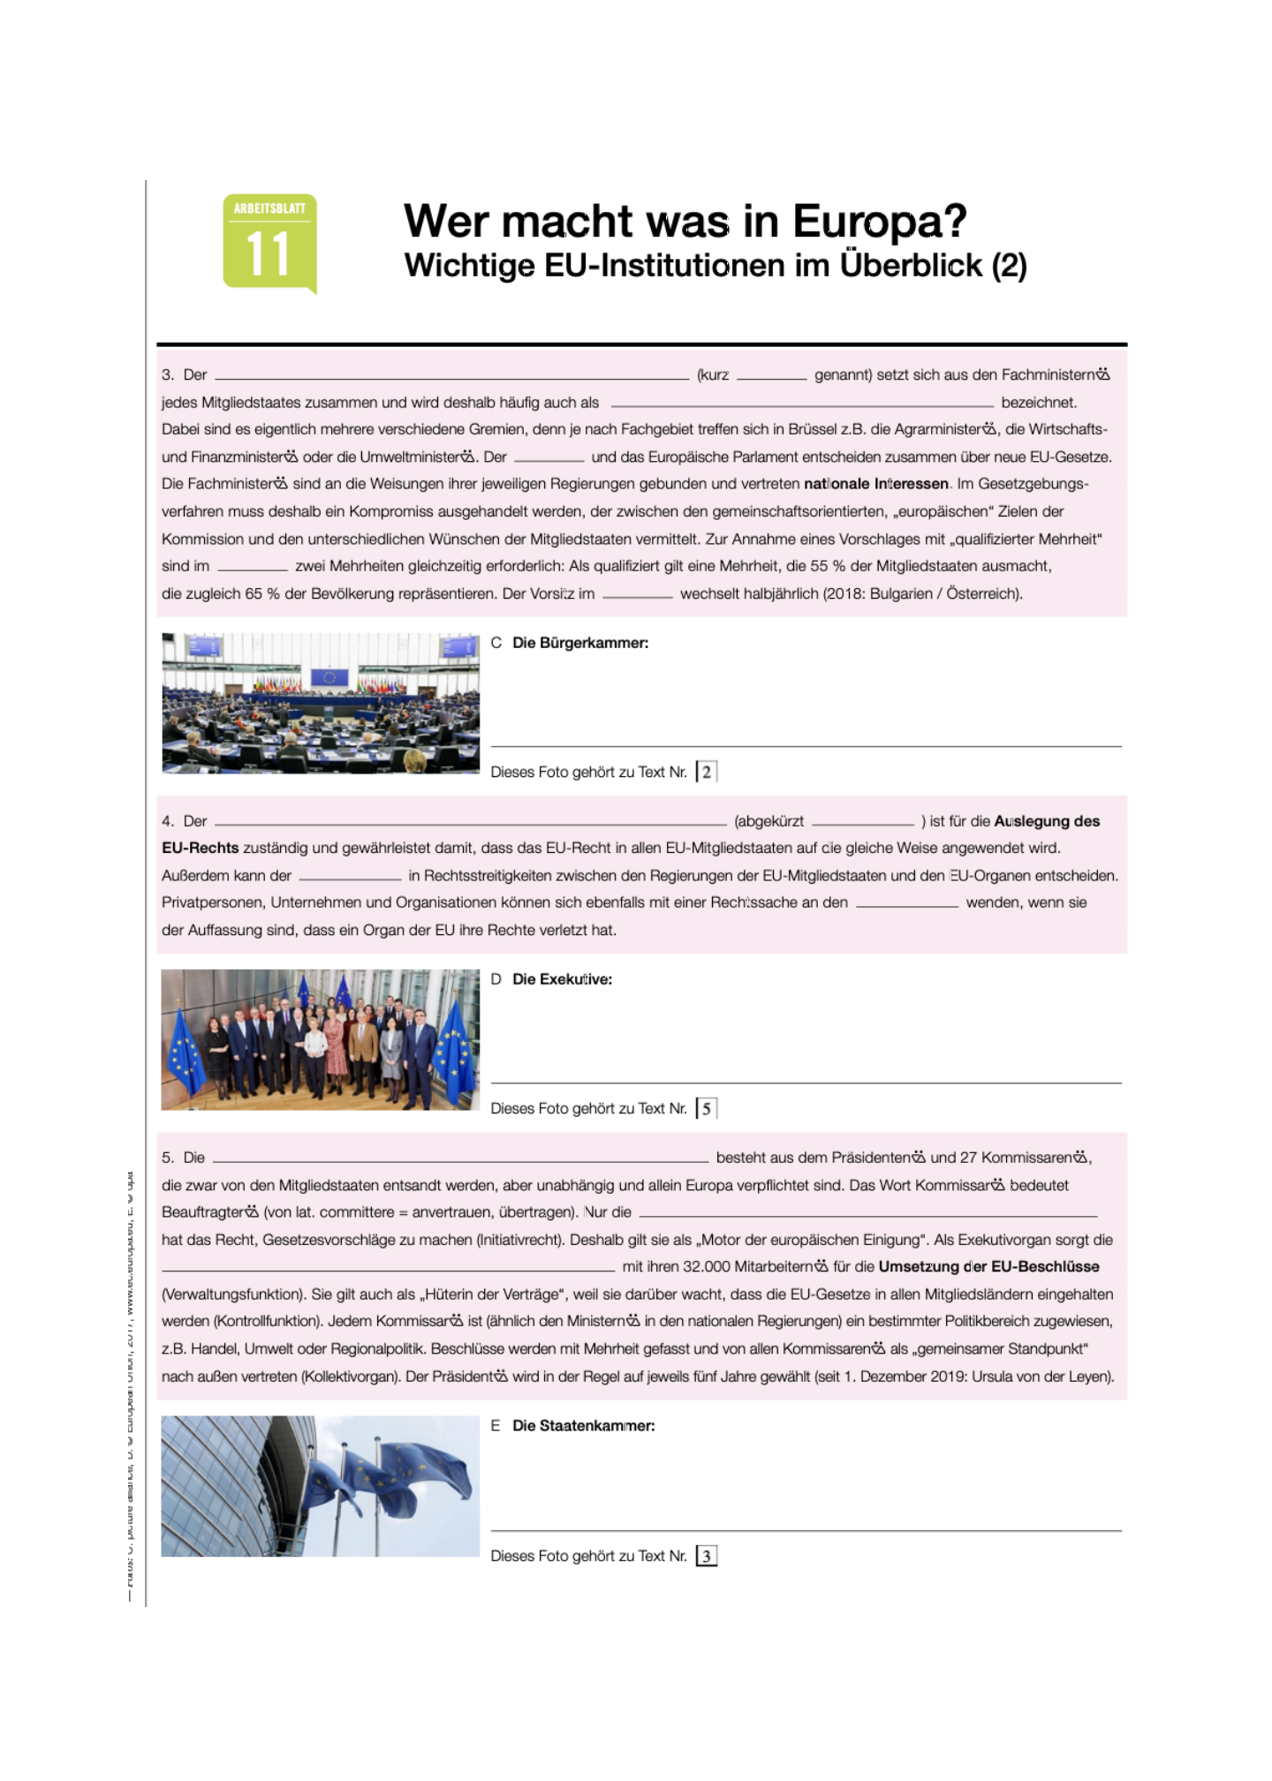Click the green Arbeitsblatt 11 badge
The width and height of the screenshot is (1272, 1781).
(269, 242)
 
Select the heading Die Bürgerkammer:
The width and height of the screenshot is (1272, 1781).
(580, 643)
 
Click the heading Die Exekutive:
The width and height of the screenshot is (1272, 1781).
(562, 979)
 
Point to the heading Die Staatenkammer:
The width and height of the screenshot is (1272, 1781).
(583, 1426)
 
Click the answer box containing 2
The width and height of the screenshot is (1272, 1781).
(707, 772)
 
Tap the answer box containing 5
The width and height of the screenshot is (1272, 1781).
(707, 1108)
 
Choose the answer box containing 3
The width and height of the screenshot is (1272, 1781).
(707, 1556)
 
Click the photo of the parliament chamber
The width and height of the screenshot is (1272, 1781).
(321, 703)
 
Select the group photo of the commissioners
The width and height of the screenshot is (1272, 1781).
(321, 1039)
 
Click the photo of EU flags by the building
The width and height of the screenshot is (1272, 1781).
(321, 1486)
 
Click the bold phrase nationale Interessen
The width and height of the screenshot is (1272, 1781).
(875, 484)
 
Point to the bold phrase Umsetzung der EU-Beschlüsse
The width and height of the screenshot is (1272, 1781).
(988, 1267)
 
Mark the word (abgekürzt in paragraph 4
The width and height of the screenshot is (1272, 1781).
(768, 821)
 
